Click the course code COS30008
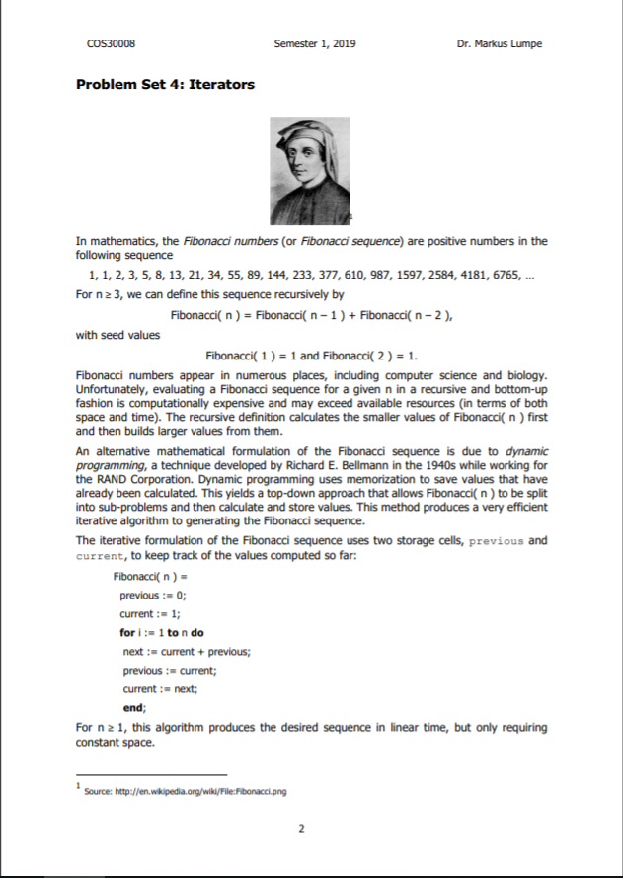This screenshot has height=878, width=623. pos(111,44)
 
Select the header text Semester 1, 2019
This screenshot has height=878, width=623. pos(315,44)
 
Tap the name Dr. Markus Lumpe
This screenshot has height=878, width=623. pos(500,44)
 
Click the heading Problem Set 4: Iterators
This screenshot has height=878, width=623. pos(165,84)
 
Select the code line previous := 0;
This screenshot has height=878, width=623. pos(153,596)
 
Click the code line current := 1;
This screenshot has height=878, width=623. pos(149,613)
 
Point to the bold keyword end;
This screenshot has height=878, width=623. pos(133,707)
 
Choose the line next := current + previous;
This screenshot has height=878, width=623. pos(186,651)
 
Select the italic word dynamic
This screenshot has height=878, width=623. pos(519,449)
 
